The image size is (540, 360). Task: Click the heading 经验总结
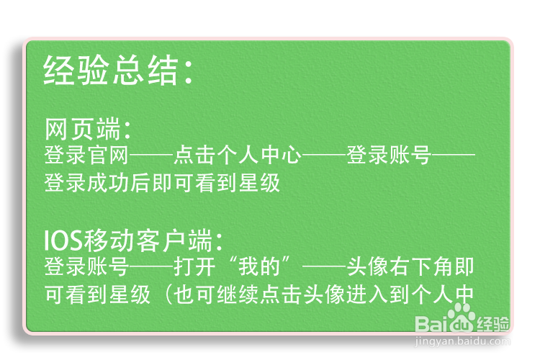coord(110,71)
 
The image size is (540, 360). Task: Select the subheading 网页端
coord(82,129)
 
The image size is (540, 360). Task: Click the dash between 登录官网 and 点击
coord(151,156)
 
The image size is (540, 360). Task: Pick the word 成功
coord(108,183)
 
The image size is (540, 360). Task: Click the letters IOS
coord(63,240)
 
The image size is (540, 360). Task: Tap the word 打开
coord(194,266)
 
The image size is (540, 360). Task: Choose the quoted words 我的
coord(259,266)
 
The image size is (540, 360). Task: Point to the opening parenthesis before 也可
coord(168,295)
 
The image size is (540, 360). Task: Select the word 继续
coord(238,295)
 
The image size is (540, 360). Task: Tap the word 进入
coord(367,295)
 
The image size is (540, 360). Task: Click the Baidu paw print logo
coord(459,318)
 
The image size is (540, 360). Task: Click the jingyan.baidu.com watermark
coord(462,341)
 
